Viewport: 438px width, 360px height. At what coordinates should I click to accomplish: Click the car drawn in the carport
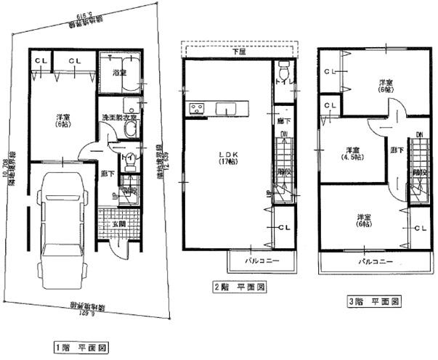tap(62, 232)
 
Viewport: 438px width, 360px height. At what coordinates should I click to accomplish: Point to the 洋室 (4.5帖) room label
tap(354, 154)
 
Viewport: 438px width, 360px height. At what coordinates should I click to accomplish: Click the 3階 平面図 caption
tap(373, 300)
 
